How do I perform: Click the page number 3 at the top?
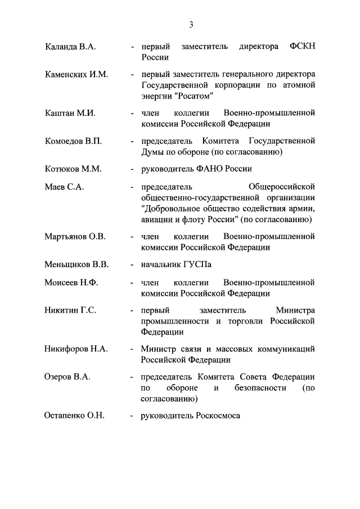point(191,24)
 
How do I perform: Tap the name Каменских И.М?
point(76,74)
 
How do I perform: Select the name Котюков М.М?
point(73,168)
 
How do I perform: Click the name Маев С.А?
point(64,187)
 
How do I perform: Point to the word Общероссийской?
point(281,187)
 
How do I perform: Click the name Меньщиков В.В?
point(76,264)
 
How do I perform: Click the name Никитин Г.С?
point(71,310)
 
